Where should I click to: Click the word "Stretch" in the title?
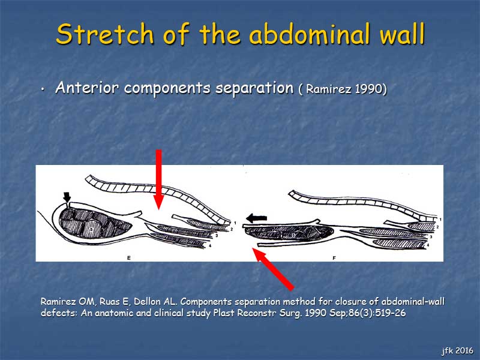(x=104, y=34)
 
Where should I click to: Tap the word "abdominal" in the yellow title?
(x=311, y=34)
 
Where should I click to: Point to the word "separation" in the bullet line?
(x=254, y=88)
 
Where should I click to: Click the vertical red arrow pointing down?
(x=158, y=179)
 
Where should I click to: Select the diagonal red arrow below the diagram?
(x=273, y=269)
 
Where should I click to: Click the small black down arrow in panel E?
(x=67, y=197)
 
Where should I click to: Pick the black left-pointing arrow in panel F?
(x=257, y=218)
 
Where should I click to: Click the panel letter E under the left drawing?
(x=129, y=258)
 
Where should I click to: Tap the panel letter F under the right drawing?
(x=334, y=258)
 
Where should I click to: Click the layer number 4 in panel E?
(x=210, y=245)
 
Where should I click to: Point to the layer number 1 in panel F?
(x=440, y=220)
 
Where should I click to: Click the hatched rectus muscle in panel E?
(x=95, y=223)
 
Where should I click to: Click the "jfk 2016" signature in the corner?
(x=458, y=350)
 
